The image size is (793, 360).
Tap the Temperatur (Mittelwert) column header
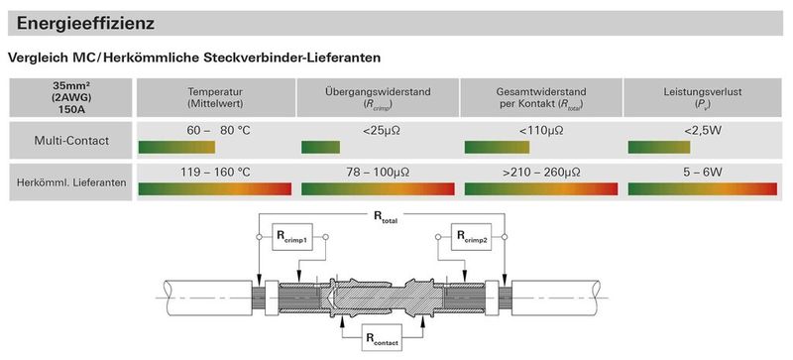215,97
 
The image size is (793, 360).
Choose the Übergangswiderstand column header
378,97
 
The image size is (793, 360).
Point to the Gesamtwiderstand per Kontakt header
540,97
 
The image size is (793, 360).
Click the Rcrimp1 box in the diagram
291,237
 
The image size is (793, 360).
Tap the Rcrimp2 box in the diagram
472,237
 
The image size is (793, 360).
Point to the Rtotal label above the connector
383,216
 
